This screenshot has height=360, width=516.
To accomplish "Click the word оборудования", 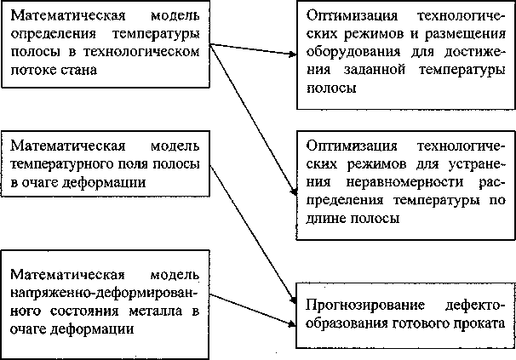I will click(348, 53).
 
